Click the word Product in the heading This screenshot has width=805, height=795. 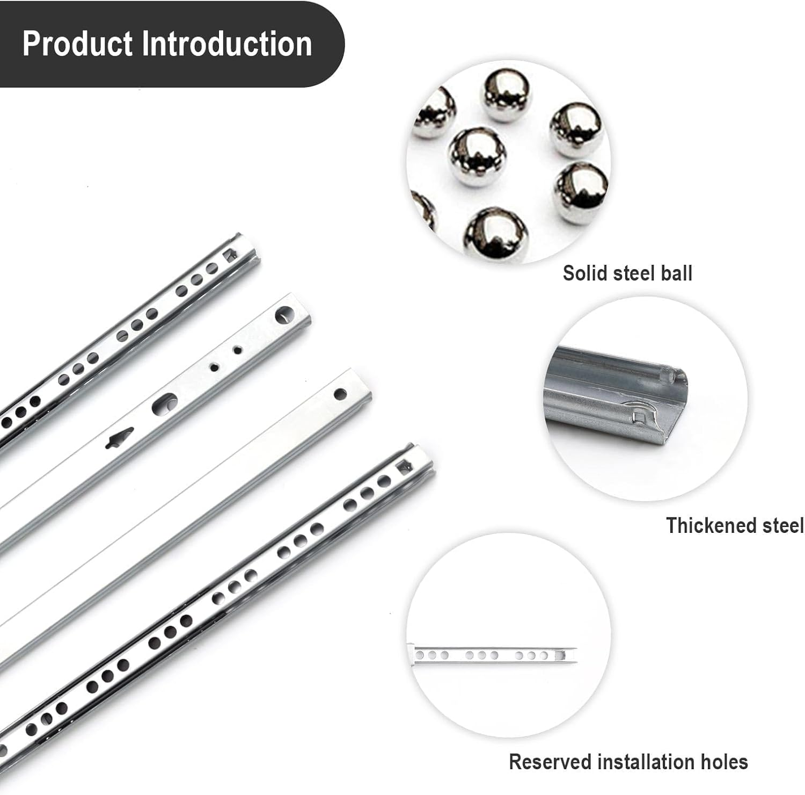(78, 44)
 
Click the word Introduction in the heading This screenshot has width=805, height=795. (226, 44)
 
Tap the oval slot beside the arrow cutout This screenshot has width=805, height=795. (164, 403)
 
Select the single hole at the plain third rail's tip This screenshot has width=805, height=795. (340, 395)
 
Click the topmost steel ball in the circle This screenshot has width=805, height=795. (506, 95)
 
